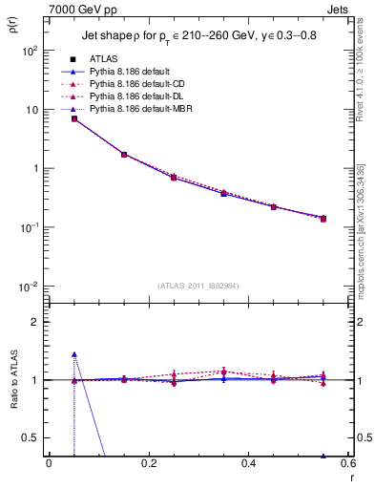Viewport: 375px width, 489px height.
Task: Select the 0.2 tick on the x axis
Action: pyautogui.click(x=148, y=463)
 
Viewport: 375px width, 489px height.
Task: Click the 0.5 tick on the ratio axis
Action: pyautogui.click(x=30, y=437)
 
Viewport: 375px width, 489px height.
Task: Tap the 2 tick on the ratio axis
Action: pyautogui.click(x=34, y=323)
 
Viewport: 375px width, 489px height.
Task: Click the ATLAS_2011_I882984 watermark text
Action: pyautogui.click(x=198, y=287)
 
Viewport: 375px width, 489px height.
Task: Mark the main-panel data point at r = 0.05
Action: pyautogui.click(x=73, y=118)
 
